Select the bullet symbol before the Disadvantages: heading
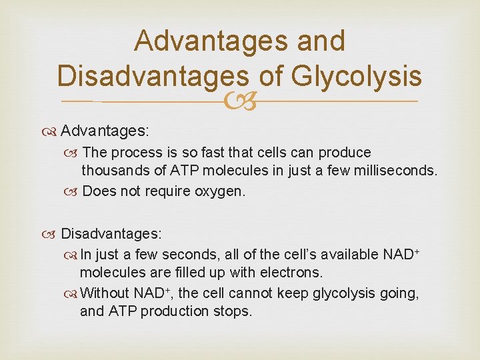pos(53,235)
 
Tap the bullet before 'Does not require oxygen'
pos(74,192)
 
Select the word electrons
pos(291,272)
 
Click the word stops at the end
pos(234,311)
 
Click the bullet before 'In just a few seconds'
pos(72,254)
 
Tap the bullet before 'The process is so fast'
pos(74,153)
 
